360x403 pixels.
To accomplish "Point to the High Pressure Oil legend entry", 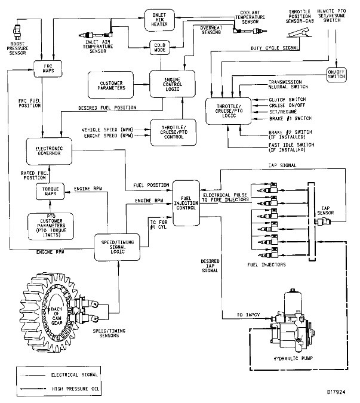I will click(66, 389).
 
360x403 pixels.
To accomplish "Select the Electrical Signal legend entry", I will click(66, 376).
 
